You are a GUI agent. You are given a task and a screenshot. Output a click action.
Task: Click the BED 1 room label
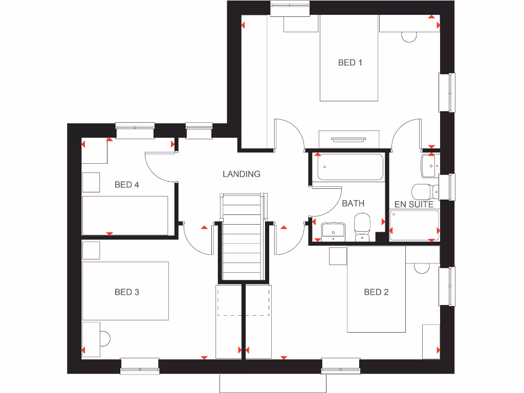tap(350, 62)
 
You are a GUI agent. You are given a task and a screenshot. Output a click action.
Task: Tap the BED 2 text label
tap(376, 292)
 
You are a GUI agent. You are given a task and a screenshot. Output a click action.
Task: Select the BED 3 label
tap(127, 292)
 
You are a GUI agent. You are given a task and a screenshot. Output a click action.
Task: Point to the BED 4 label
tap(127, 185)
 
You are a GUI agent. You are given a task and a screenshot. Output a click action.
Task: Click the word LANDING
tap(241, 174)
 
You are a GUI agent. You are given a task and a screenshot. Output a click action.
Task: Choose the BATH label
tap(353, 203)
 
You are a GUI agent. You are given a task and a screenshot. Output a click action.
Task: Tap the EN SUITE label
tap(414, 204)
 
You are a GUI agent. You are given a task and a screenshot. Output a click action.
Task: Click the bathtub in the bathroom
tap(350, 167)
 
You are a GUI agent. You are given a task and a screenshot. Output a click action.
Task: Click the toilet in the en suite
tap(425, 192)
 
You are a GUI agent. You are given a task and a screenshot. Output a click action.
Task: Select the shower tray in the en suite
tap(414, 225)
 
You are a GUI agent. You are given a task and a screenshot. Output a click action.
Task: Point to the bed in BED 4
tap(125, 215)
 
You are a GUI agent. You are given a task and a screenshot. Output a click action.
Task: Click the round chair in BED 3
tap(104, 338)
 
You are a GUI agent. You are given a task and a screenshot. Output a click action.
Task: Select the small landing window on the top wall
tap(199, 130)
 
